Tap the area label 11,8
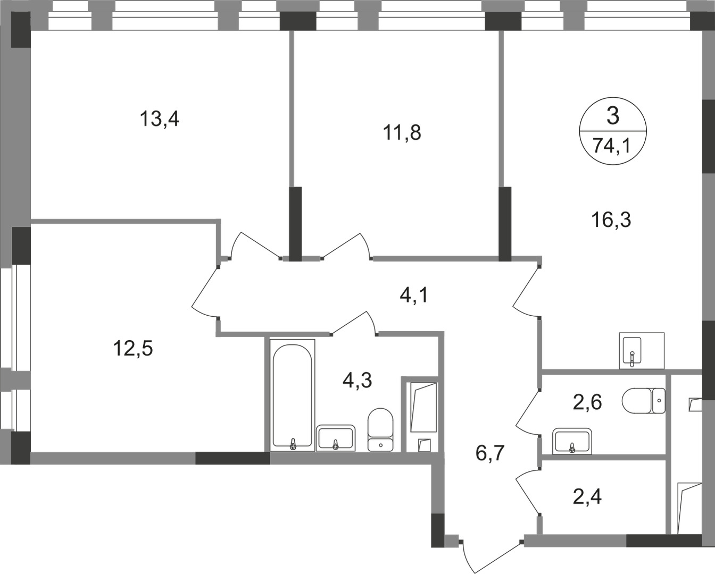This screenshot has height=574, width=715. (402, 132)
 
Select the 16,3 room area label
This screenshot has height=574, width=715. (611, 219)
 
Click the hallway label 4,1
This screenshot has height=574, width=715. (413, 294)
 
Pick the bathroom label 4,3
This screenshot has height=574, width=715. (356, 381)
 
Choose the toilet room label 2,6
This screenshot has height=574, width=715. (587, 402)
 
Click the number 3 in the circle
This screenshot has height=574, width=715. (613, 116)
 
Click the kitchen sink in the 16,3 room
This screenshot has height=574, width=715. (632, 351)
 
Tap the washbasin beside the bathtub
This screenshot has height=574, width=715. (335, 438)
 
